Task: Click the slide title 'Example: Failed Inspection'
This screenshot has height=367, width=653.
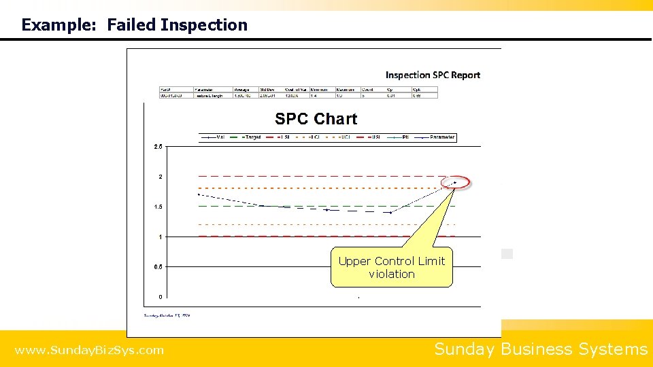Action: pyautogui.click(x=135, y=25)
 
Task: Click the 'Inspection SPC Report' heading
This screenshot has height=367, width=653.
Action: pyautogui.click(x=433, y=75)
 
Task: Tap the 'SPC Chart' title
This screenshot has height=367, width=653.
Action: pyautogui.click(x=316, y=119)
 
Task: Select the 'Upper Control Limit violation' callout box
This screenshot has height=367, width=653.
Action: pyautogui.click(x=392, y=267)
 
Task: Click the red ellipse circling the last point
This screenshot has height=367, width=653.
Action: pyautogui.click(x=455, y=182)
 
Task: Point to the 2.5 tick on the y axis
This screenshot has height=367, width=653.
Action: pyautogui.click(x=157, y=147)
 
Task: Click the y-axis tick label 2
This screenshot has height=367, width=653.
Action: pyautogui.click(x=161, y=177)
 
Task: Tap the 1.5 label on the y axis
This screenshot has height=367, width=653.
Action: pyautogui.click(x=157, y=207)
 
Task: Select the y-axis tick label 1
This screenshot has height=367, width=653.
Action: pyautogui.click(x=161, y=237)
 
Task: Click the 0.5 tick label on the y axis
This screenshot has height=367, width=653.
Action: pyautogui.click(x=157, y=266)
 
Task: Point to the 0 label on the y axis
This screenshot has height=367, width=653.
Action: pyautogui.click(x=161, y=297)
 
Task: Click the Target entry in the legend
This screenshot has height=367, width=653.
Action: pyautogui.click(x=252, y=137)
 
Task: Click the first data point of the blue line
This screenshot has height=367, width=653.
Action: pyautogui.click(x=199, y=194)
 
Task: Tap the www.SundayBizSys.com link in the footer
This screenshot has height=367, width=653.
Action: pyautogui.click(x=89, y=351)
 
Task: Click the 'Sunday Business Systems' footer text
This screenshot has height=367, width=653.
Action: pyautogui.click(x=541, y=349)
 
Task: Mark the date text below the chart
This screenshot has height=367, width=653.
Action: pyautogui.click(x=167, y=315)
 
